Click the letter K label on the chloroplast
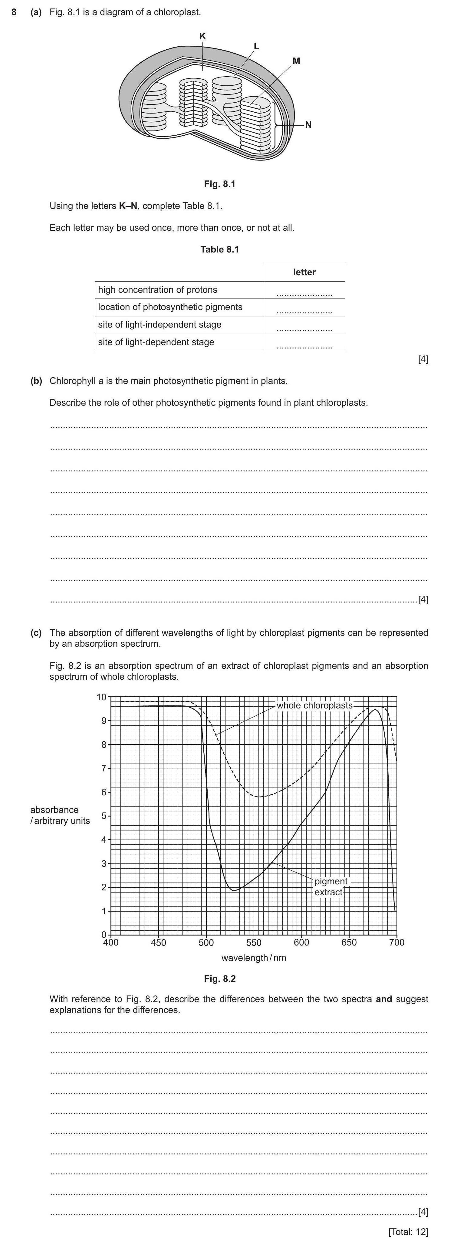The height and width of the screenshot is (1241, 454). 203,36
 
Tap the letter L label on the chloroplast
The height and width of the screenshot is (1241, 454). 256,46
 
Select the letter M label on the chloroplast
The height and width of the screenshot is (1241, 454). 297,61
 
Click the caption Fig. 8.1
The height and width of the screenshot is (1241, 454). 219,184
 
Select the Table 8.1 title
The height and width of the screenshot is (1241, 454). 219,249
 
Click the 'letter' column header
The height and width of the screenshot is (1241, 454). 304,272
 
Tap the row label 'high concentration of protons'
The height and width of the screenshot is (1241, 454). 157,289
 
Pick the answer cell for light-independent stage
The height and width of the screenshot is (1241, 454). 304,326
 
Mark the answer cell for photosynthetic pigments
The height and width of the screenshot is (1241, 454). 304,308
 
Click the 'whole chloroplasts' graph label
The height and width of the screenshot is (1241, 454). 314,705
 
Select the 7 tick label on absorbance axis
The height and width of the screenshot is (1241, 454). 103,768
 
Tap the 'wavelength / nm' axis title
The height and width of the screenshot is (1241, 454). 253,957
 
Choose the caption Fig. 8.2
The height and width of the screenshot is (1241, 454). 219,979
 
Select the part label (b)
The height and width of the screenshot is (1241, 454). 36,381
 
